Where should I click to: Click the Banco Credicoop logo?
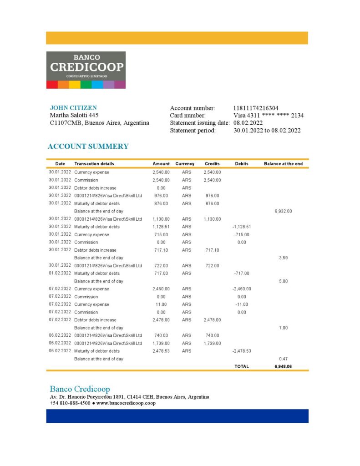86,70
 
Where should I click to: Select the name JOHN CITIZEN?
73,108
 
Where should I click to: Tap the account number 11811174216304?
255,108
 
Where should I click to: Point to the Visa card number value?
268,116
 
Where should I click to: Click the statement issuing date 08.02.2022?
248,123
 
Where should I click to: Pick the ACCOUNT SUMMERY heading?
88,147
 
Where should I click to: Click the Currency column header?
185,164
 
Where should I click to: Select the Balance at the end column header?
283,164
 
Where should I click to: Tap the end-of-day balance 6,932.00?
283,211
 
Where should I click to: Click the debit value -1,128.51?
242,227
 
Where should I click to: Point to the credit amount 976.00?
212,196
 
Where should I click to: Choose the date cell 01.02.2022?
60,273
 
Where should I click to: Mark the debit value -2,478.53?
242,351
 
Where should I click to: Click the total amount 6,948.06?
283,366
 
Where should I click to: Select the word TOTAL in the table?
242,366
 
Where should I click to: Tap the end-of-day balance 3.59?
283,258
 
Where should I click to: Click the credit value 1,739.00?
212,343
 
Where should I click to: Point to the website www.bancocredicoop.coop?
126,403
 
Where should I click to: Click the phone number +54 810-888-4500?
70,403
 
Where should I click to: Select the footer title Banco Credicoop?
80,389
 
